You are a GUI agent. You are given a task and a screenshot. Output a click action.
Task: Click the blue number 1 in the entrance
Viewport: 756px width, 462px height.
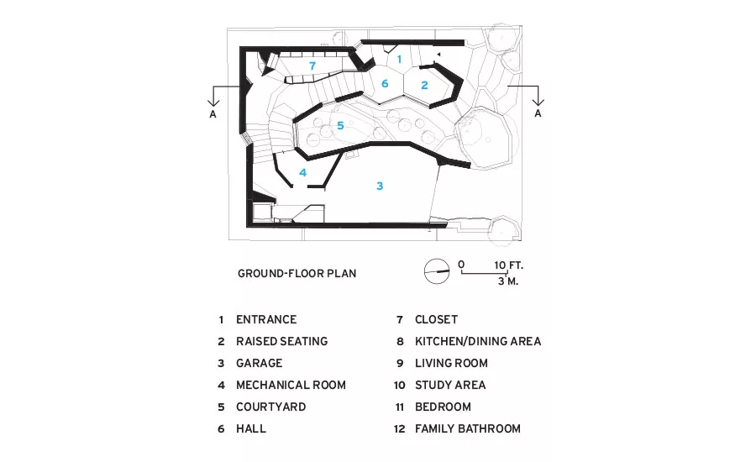399,60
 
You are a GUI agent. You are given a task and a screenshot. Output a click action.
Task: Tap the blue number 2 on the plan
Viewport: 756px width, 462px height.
424,86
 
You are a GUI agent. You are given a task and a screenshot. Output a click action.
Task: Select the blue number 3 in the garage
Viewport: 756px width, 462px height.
380,186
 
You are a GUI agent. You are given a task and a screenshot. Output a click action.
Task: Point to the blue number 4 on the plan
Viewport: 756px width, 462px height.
302,172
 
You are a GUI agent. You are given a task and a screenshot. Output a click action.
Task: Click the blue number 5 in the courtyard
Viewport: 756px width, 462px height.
340,125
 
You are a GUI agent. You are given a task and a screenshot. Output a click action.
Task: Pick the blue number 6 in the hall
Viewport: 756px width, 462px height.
385,83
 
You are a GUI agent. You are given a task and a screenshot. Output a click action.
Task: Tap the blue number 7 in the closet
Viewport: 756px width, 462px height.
312,66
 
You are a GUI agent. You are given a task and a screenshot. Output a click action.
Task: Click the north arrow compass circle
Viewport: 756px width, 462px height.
437,271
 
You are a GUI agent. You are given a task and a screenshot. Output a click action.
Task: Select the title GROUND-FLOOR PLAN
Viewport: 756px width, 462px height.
297,274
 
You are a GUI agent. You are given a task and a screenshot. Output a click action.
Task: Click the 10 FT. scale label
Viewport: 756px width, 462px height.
509,265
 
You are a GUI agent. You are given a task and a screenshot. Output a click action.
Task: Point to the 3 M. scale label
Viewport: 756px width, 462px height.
508,281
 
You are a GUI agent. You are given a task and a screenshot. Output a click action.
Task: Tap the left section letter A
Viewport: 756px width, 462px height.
213,114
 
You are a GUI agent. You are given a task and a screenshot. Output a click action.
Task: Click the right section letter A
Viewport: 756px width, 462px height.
538,113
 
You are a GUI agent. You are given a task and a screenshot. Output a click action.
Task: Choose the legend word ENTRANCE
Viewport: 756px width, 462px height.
266,319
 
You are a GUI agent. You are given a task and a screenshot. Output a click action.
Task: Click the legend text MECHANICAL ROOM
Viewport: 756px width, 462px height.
291,385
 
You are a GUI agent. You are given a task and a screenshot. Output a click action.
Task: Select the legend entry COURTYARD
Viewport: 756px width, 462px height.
271,407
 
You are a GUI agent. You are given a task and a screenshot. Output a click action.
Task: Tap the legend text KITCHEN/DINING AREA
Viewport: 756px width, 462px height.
478,341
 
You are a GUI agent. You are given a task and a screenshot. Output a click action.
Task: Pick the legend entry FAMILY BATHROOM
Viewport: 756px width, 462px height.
468,428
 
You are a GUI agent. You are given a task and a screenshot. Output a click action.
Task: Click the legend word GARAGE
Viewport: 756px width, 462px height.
259,363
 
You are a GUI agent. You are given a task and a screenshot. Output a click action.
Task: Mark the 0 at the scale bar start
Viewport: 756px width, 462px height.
461,265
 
